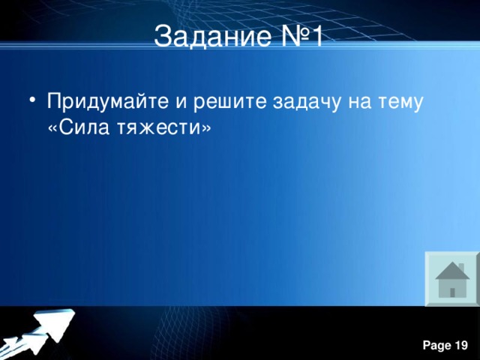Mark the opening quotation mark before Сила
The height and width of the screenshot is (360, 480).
click(52, 127)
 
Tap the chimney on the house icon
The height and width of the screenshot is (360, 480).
click(461, 266)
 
